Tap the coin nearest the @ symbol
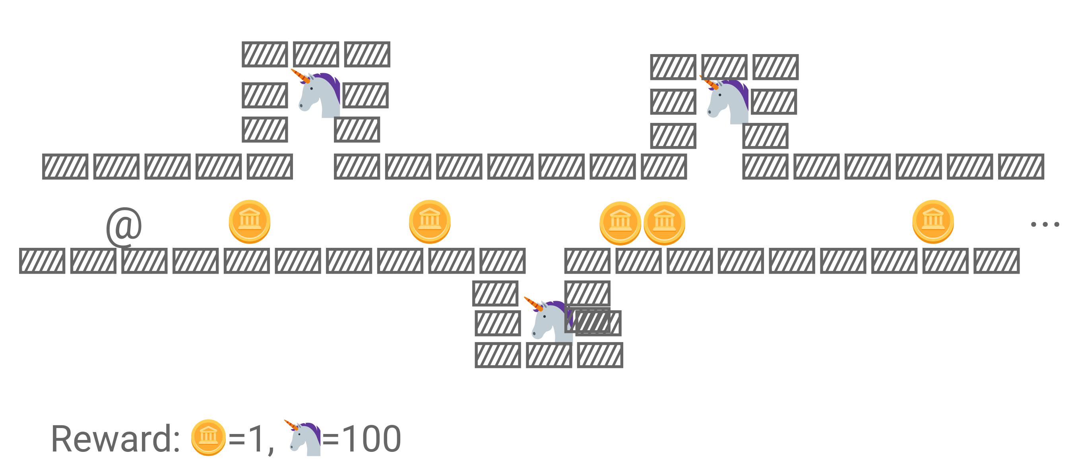[249, 222]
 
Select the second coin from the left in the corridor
[429, 222]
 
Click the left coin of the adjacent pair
[620, 223]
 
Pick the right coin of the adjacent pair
[664, 223]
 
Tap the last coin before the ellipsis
[933, 222]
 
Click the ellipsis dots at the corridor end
[1045, 224]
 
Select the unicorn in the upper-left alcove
[319, 95]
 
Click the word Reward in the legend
[116, 439]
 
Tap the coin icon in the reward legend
[208, 438]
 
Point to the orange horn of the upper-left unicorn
[299, 76]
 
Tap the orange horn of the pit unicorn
[532, 303]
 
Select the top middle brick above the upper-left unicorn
[316, 54]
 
